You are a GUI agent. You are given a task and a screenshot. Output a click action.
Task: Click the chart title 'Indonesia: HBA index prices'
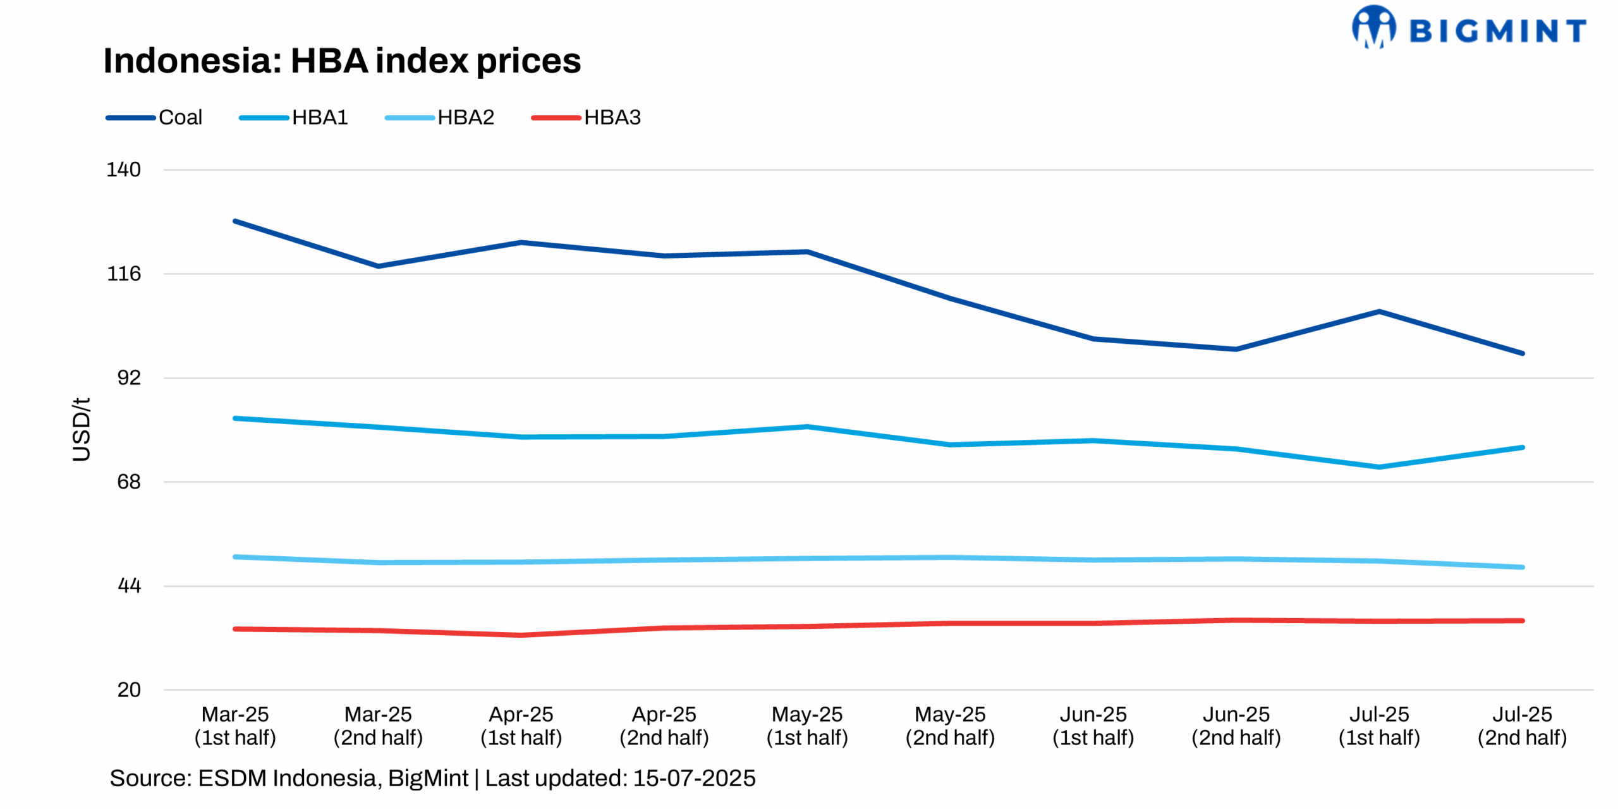click(341, 61)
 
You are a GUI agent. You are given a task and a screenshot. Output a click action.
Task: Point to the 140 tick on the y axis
click(123, 169)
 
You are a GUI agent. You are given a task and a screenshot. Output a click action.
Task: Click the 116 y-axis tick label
click(123, 274)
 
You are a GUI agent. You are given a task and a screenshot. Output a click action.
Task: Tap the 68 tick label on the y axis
click(128, 482)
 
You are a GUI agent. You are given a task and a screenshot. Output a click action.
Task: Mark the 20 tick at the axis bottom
click(128, 690)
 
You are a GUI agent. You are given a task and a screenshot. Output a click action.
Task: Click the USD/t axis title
click(82, 430)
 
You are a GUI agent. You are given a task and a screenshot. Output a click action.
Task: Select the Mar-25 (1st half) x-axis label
click(235, 726)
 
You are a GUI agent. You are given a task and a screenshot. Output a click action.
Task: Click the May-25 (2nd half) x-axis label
click(950, 726)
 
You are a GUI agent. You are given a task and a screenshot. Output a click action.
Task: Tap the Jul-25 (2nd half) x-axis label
click(1522, 726)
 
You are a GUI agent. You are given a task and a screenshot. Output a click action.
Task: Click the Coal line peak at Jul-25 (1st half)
click(1379, 312)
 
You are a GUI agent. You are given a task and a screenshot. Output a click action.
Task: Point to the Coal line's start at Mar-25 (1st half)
click(235, 221)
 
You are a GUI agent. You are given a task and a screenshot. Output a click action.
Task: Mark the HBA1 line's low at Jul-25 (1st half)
click(1379, 467)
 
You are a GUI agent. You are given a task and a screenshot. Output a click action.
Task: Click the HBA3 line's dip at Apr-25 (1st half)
click(521, 635)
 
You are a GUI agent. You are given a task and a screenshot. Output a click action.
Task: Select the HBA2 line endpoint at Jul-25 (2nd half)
click(1522, 567)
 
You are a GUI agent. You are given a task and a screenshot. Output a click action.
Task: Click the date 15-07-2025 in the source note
click(694, 778)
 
